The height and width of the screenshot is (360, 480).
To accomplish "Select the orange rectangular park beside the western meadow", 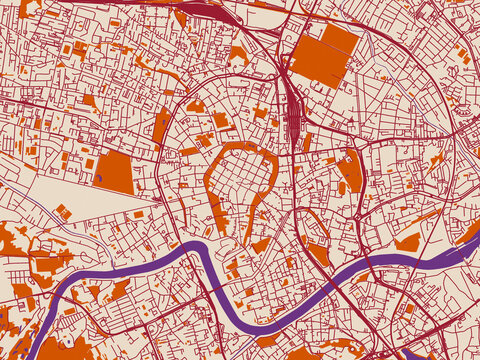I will point(114,172).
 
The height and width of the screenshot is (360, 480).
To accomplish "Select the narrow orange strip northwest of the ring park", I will point(161,126).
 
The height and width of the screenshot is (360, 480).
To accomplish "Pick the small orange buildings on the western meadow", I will point(63,211).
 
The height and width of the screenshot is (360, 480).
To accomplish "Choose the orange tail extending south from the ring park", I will point(254,215).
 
